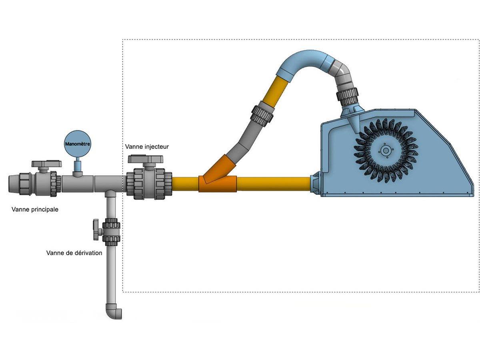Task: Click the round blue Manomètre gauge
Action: [78, 144]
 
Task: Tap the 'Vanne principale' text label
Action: [35, 209]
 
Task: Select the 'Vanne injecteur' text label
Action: [147, 146]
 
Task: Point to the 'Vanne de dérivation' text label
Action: [74, 253]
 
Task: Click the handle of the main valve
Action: [46, 164]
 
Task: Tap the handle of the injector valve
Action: [146, 159]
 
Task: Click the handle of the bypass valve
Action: [96, 230]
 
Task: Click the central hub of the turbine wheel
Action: [386, 150]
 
